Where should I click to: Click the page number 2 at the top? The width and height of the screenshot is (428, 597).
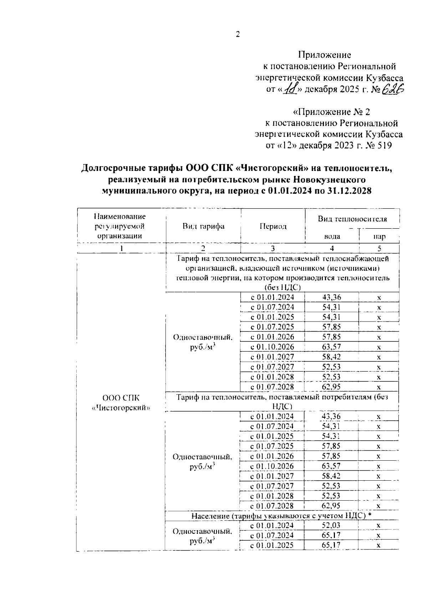click(x=238, y=35)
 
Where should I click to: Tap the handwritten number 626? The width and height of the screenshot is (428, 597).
click(x=393, y=89)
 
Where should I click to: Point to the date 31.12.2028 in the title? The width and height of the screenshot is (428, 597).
click(x=347, y=191)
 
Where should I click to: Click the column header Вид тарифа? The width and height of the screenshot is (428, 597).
click(x=203, y=226)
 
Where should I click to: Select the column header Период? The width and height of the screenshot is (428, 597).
click(x=273, y=226)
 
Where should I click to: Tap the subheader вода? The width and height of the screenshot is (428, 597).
click(x=332, y=236)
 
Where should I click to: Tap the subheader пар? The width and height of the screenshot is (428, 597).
click(x=379, y=236)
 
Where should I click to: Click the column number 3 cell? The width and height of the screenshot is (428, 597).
click(x=273, y=249)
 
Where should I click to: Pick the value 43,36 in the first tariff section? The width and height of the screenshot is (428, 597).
click(x=331, y=297)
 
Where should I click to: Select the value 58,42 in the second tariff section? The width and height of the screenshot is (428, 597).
click(x=331, y=476)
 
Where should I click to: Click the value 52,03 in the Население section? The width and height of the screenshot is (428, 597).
click(x=331, y=525)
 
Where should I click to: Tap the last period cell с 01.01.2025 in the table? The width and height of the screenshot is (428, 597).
click(x=272, y=545)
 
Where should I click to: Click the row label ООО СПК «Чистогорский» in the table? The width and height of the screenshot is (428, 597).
click(x=121, y=403)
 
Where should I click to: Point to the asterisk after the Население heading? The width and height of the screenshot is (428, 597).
click(x=370, y=515)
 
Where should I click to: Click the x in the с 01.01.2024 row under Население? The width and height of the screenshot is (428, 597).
click(x=379, y=526)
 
